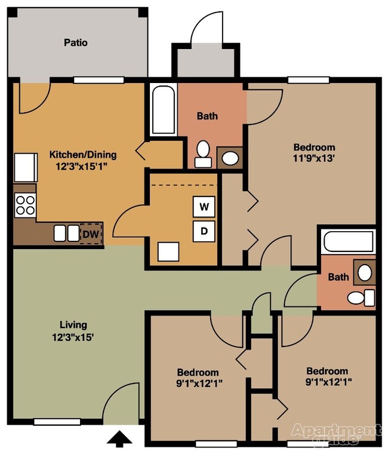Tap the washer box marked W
204,207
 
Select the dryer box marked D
204,231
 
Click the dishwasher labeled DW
91,234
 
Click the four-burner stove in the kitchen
25,205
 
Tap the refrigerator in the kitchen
26,167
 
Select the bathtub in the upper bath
163,111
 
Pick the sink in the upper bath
230,158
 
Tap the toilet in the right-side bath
360,297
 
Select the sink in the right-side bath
364,273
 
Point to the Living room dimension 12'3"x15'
73,336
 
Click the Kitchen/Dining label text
82,155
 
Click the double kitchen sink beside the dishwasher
66,233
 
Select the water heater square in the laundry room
168,251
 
